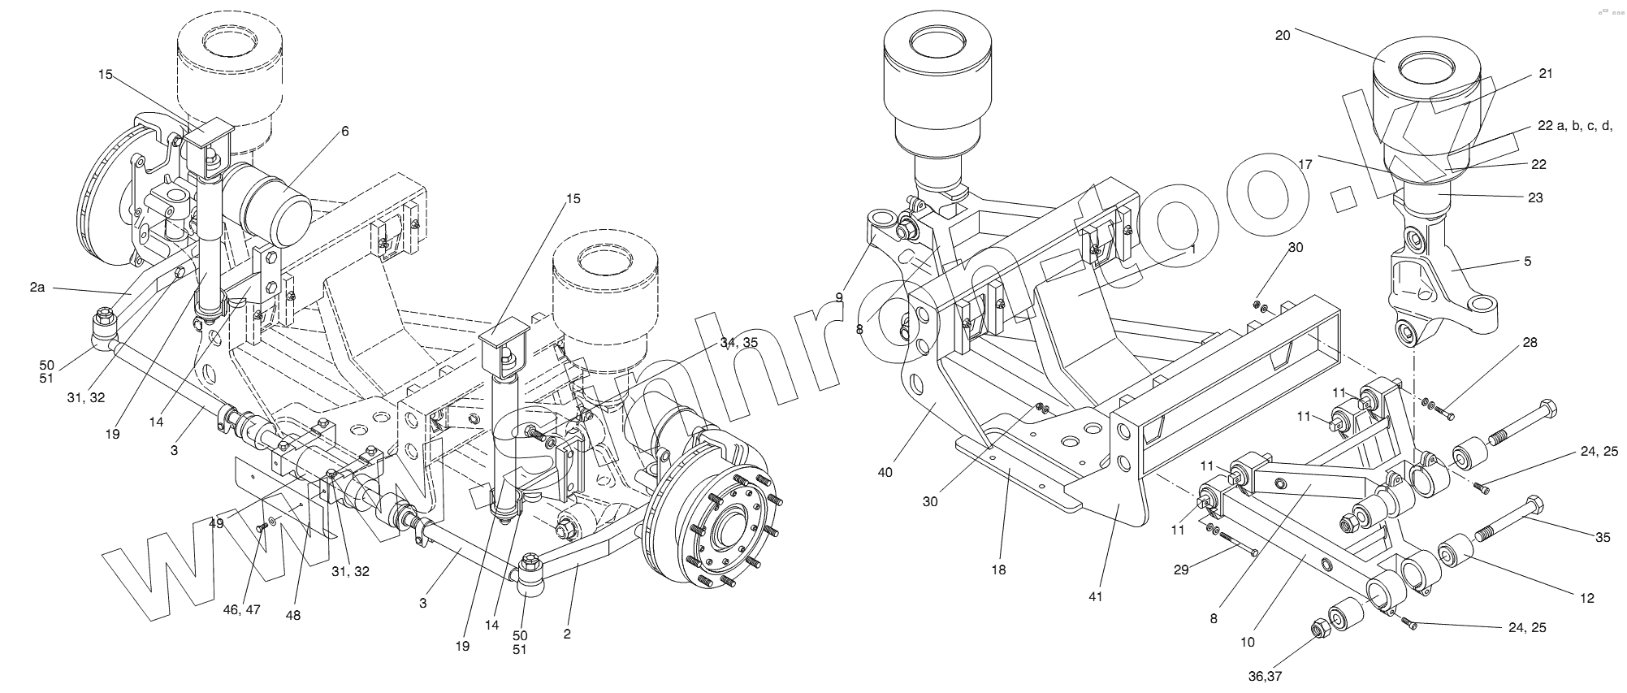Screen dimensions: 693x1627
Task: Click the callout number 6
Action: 344,131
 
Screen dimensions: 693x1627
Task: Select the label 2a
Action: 37,287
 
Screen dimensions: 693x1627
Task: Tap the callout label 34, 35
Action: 738,343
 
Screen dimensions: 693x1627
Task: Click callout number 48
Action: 292,615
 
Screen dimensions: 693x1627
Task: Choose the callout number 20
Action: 1283,35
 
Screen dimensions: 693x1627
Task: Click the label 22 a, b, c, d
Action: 1574,126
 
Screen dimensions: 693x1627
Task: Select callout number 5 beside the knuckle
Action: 1527,262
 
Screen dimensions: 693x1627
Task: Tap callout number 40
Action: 885,471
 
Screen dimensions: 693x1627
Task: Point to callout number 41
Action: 1096,597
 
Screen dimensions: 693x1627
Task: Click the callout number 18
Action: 998,570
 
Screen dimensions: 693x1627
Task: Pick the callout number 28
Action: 1530,343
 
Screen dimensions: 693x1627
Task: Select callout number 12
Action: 1587,598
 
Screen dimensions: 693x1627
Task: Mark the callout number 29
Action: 1181,570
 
